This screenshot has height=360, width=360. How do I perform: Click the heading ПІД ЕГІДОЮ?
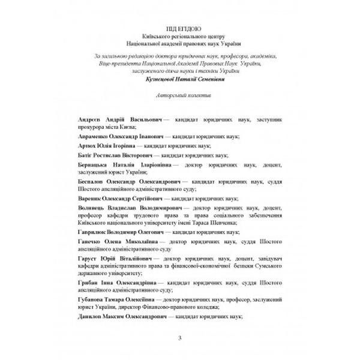tap(179, 28)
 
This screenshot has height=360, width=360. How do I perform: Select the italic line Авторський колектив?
tap(179, 95)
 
